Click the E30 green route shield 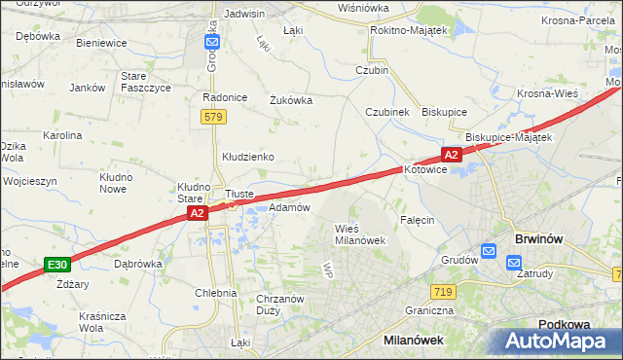[x=56, y=265]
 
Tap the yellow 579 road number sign [x=215, y=117]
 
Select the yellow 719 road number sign [x=443, y=292]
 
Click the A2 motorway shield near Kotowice [x=450, y=155]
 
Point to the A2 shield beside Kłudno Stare [x=196, y=213]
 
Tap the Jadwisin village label [x=244, y=15]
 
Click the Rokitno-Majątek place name [x=408, y=31]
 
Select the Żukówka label [x=290, y=99]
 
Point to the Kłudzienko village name [x=247, y=157]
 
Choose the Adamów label [x=289, y=207]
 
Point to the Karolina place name [x=61, y=135]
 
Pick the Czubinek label [x=386, y=112]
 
